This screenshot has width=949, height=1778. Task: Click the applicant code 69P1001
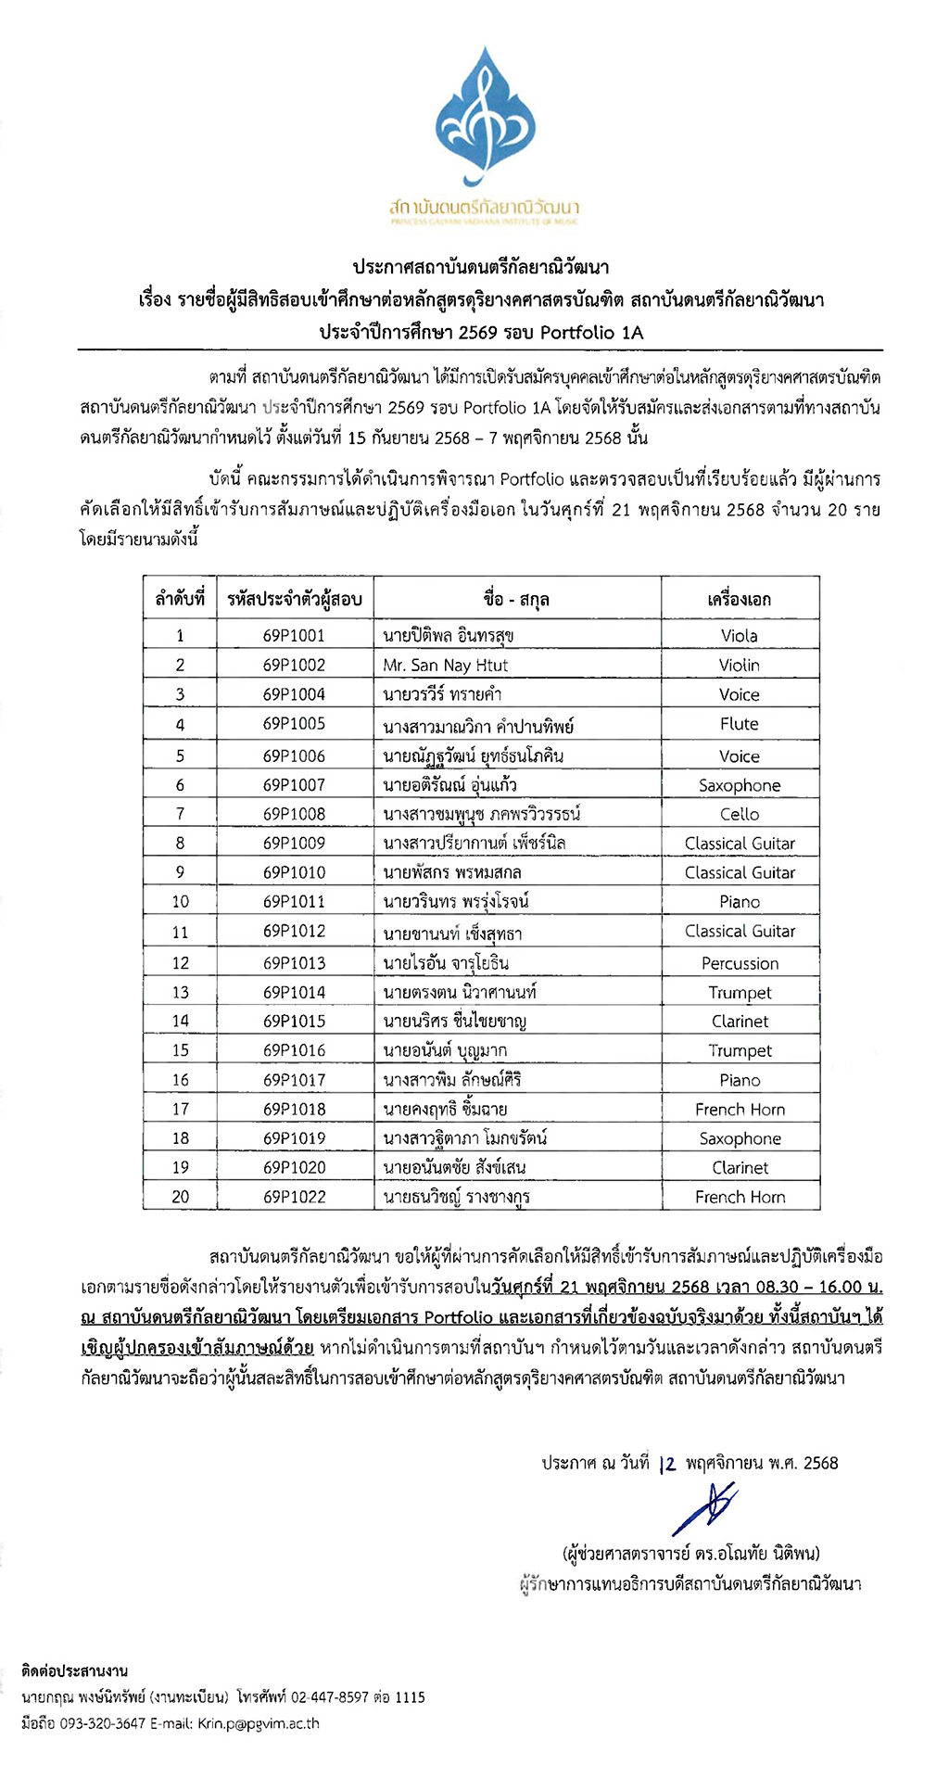294,636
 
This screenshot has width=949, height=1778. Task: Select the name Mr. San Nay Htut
445,666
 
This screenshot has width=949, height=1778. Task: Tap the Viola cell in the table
740,636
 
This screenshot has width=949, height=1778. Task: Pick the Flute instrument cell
740,724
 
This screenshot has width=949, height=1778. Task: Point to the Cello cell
740,814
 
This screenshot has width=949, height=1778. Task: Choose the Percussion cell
740,963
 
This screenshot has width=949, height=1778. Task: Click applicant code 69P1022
294,1197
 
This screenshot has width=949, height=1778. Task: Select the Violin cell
740,666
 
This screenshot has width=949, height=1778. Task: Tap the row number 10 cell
180,901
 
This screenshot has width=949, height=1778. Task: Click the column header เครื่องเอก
740,599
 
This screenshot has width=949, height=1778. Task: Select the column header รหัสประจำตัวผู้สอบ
294,599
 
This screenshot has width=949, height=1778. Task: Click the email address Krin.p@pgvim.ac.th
259,1723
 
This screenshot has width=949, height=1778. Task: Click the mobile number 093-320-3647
103,1723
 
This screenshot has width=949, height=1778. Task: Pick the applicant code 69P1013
294,963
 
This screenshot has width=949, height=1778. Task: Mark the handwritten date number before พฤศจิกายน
668,1464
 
